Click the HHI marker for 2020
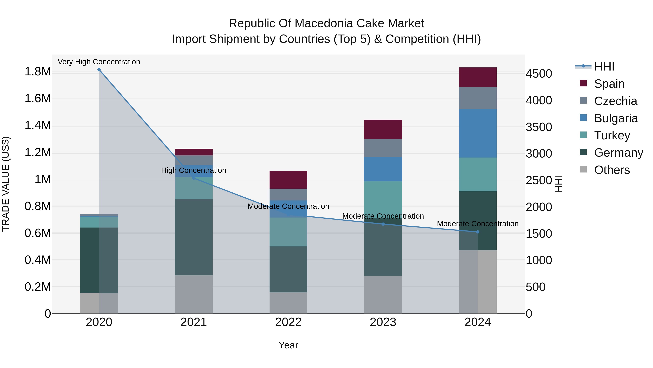tap(99, 70)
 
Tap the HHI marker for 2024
tap(478, 232)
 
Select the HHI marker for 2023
tap(383, 224)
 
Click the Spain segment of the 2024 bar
tap(478, 77)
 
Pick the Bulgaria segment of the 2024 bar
tap(478, 133)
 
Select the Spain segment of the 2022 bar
tap(288, 180)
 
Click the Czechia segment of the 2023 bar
tap(383, 148)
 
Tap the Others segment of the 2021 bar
tap(194, 294)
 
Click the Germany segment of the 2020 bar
tap(99, 260)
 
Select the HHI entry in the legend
tap(604, 67)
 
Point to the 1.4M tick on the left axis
tap(38, 125)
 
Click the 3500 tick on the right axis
tap(539, 127)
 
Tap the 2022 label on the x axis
tap(288, 322)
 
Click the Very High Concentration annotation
tap(99, 62)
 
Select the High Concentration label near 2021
tap(194, 170)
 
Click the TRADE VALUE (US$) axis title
tap(6, 184)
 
